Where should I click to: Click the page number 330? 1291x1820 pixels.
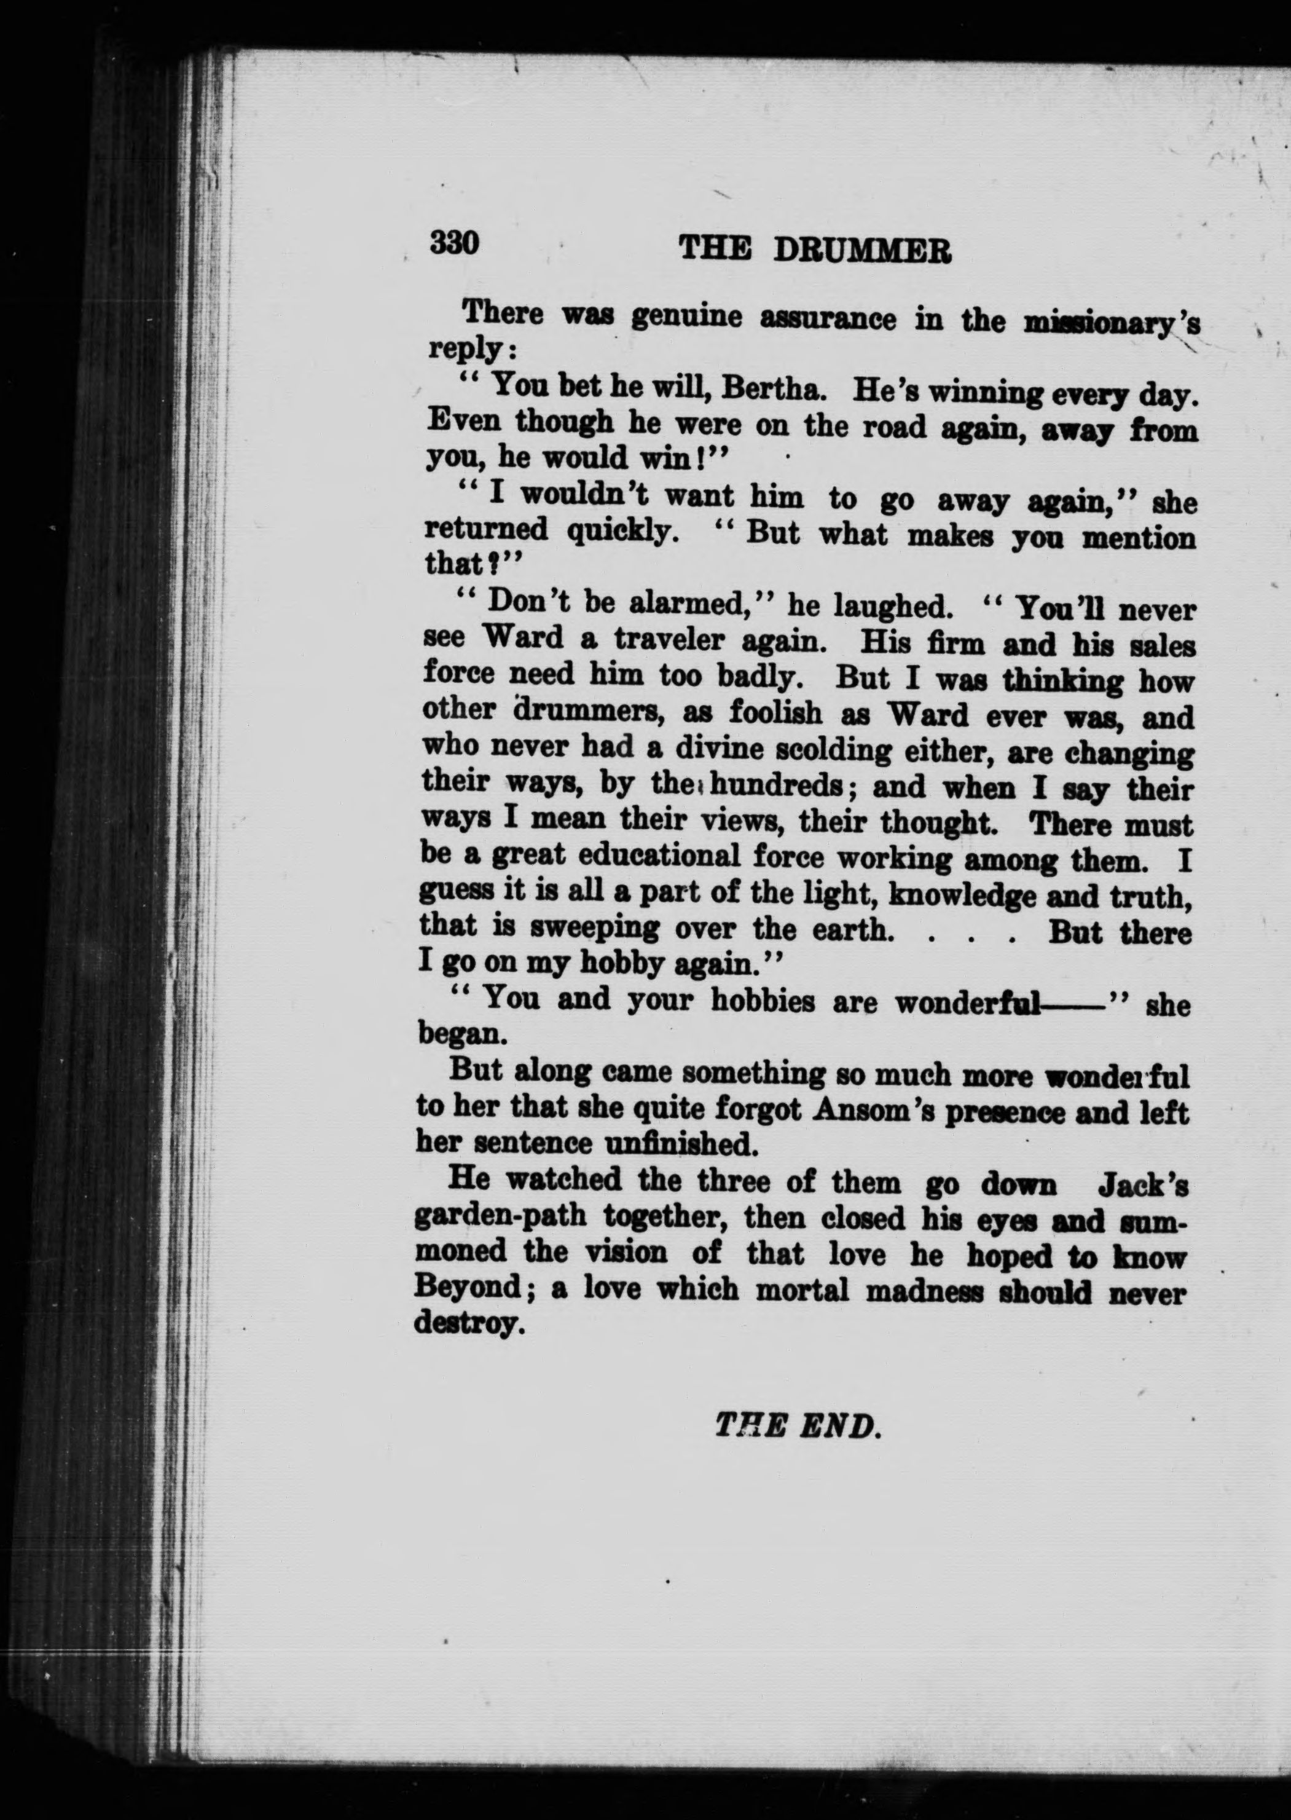(x=455, y=242)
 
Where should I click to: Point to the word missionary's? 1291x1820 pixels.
(x=1113, y=323)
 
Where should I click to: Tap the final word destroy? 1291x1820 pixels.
(x=468, y=1323)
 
